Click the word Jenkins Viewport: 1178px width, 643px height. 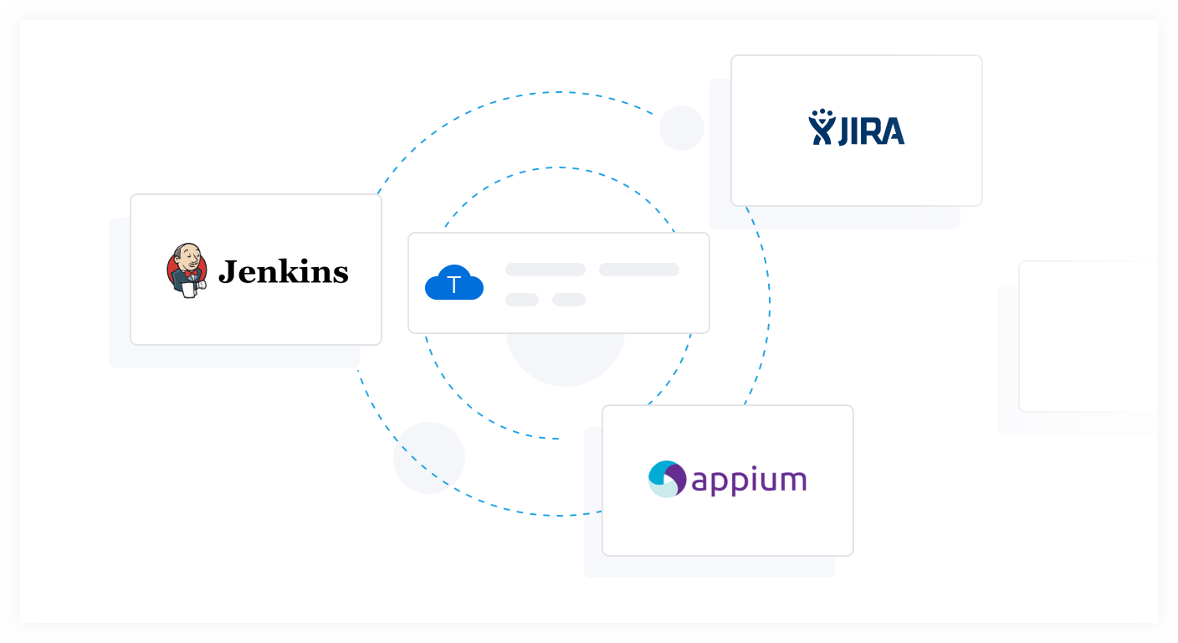(283, 271)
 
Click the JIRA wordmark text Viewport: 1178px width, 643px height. (871, 131)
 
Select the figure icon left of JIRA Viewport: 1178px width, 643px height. (822, 128)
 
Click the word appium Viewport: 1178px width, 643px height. (749, 481)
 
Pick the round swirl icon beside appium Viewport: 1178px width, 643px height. (667, 479)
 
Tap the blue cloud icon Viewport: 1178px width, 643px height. (454, 283)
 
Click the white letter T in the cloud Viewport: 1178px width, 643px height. (454, 285)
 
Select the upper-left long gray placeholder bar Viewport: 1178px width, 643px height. (545, 270)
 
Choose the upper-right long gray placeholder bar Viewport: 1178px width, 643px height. (638, 270)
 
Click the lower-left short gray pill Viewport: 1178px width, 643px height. (521, 300)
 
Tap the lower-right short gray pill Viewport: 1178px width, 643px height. (568, 300)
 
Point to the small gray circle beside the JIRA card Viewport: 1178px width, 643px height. (681, 128)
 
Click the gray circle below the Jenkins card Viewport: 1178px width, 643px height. (428, 458)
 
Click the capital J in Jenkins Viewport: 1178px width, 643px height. (227, 271)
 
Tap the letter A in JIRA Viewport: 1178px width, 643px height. (893, 131)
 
